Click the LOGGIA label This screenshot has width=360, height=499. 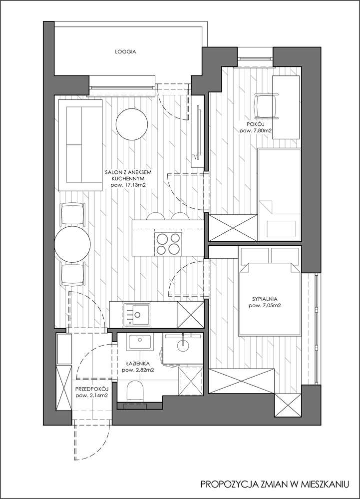pos(125,51)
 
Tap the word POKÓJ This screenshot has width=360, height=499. pos(255,124)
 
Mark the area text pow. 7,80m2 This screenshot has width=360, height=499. pos(255,131)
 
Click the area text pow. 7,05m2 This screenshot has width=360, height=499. pos(265,306)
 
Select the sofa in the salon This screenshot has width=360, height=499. pos(80,145)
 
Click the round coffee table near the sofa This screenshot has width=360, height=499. pos(132,124)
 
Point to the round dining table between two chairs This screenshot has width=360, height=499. pos(72,244)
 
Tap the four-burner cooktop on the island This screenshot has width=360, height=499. pos(168,243)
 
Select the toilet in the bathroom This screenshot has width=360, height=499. pos(135,392)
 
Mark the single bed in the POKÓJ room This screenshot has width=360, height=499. pos(279,195)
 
